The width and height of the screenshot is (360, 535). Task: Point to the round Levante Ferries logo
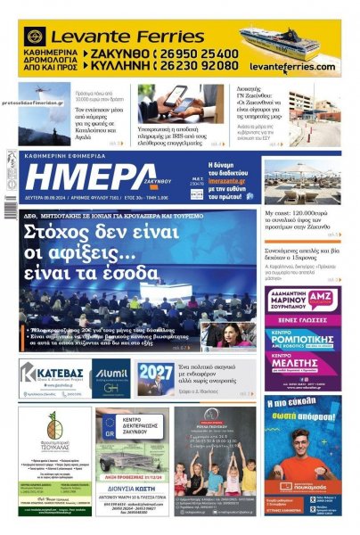pos(37,37)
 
